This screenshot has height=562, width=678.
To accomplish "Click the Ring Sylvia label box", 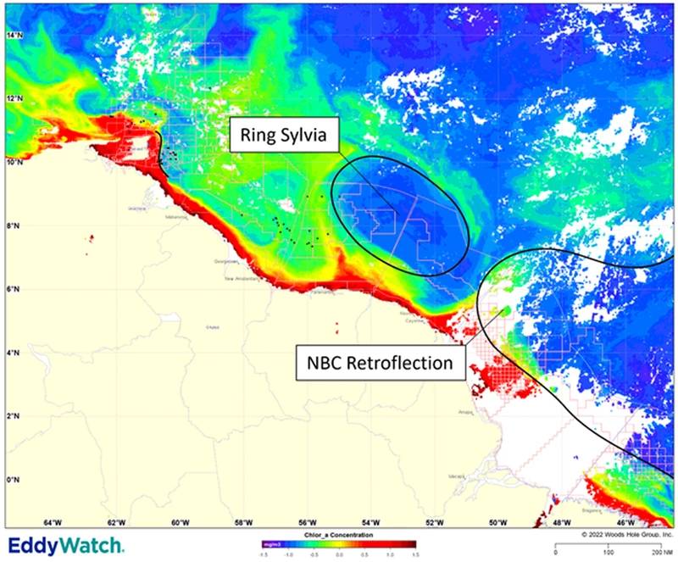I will click(286, 135).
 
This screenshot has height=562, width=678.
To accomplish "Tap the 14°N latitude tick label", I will click(15, 36).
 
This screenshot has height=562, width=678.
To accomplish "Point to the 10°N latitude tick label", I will click(15, 162).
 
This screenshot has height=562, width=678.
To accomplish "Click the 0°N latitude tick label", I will click(14, 480).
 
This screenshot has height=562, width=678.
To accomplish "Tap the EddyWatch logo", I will click(66, 545).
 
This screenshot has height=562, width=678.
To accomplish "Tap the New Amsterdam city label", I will click(240, 278).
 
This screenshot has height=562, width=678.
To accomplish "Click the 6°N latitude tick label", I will click(14, 289).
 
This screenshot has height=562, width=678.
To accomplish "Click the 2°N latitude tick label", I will click(14, 416).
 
